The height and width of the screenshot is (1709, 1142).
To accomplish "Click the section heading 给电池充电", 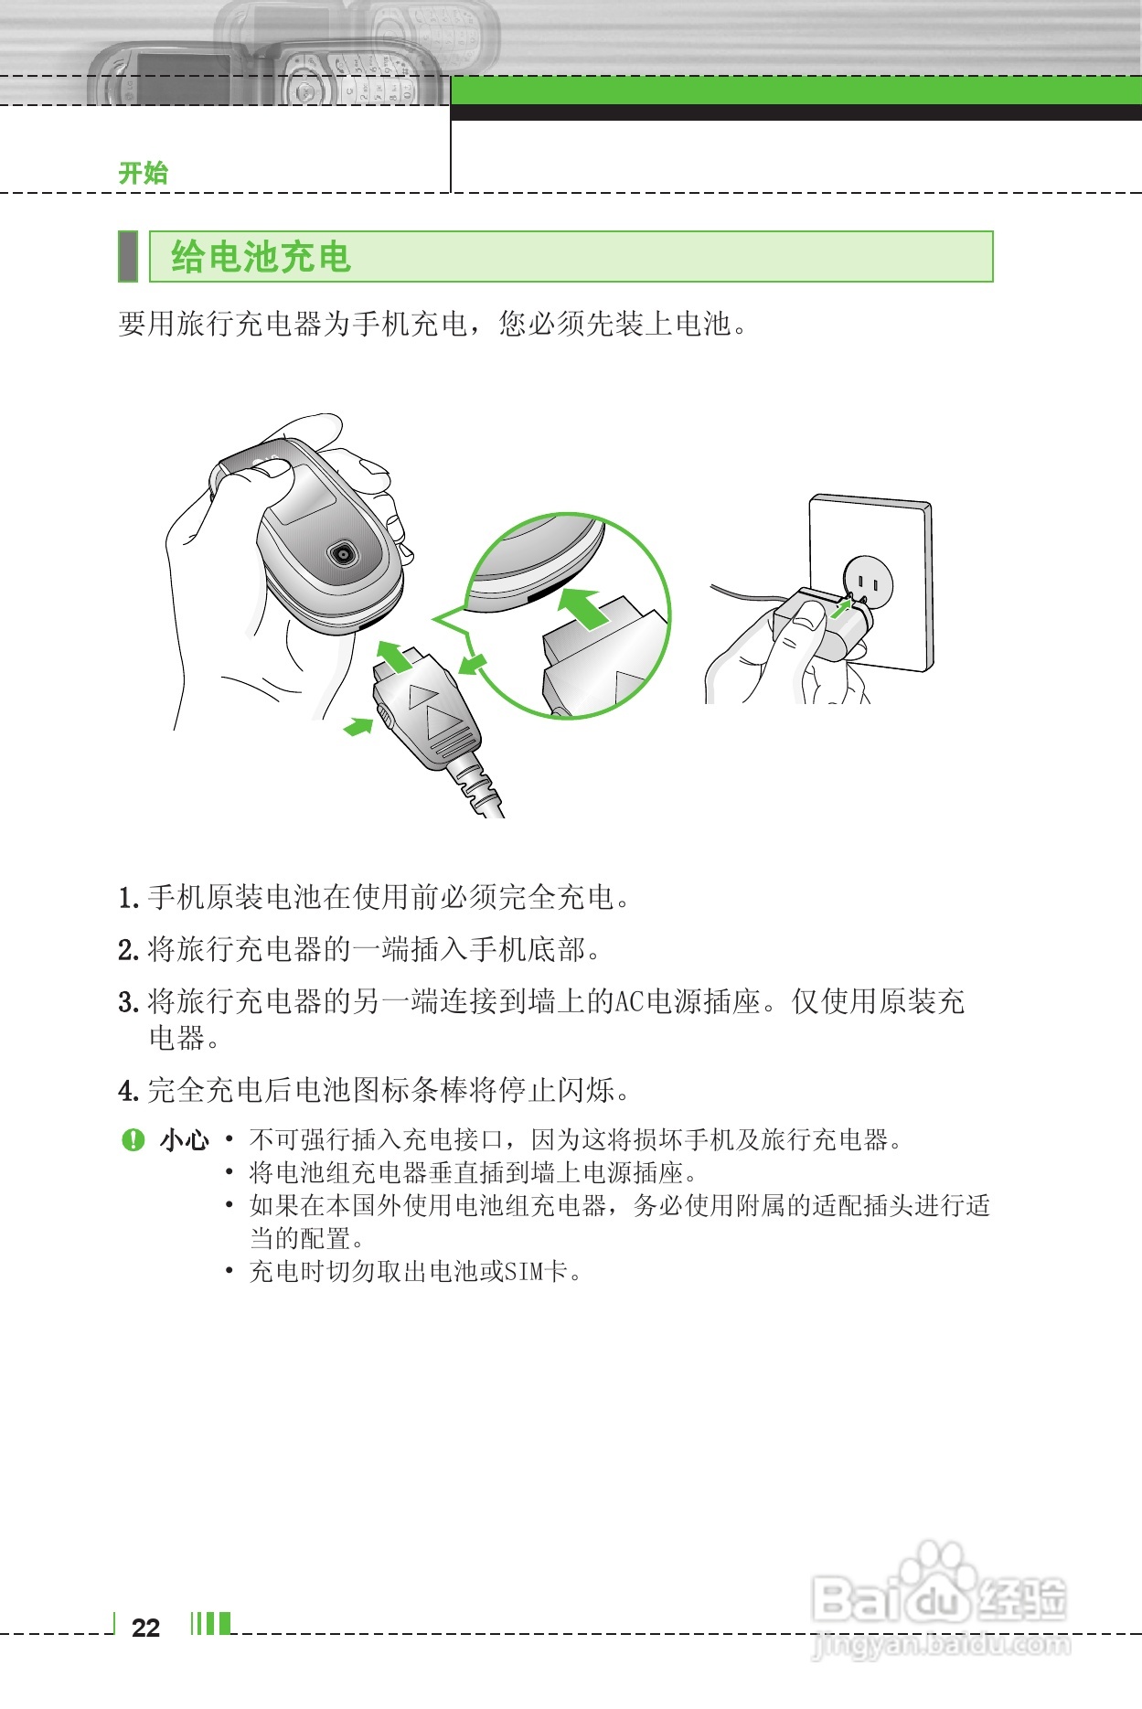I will coord(261,257).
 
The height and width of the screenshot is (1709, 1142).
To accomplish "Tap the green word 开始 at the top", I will coord(144,173).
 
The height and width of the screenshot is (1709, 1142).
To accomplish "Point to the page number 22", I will coord(145,1628).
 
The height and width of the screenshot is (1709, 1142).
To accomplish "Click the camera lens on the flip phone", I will coord(342,553).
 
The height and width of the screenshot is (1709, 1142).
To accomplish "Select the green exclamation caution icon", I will coord(133,1139).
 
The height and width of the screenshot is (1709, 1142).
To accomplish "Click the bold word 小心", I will coord(185,1140).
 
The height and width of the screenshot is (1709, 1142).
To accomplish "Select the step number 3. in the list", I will coord(128,1002).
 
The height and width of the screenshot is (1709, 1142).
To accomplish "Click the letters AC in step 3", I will coord(629,1002).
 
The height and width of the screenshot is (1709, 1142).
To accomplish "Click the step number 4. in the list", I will coord(128,1090).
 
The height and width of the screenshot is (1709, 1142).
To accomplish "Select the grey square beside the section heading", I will coord(128,257).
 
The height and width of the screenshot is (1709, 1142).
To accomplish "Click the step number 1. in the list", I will coord(128,898).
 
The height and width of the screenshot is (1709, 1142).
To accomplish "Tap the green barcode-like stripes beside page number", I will coord(210,1624).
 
